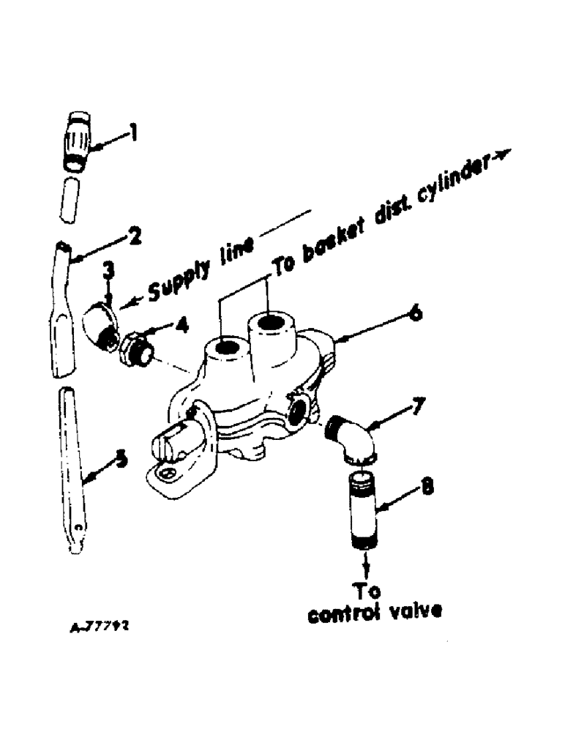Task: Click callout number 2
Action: click(x=135, y=237)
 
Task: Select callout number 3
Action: click(x=107, y=272)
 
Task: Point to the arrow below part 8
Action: click(x=364, y=562)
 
